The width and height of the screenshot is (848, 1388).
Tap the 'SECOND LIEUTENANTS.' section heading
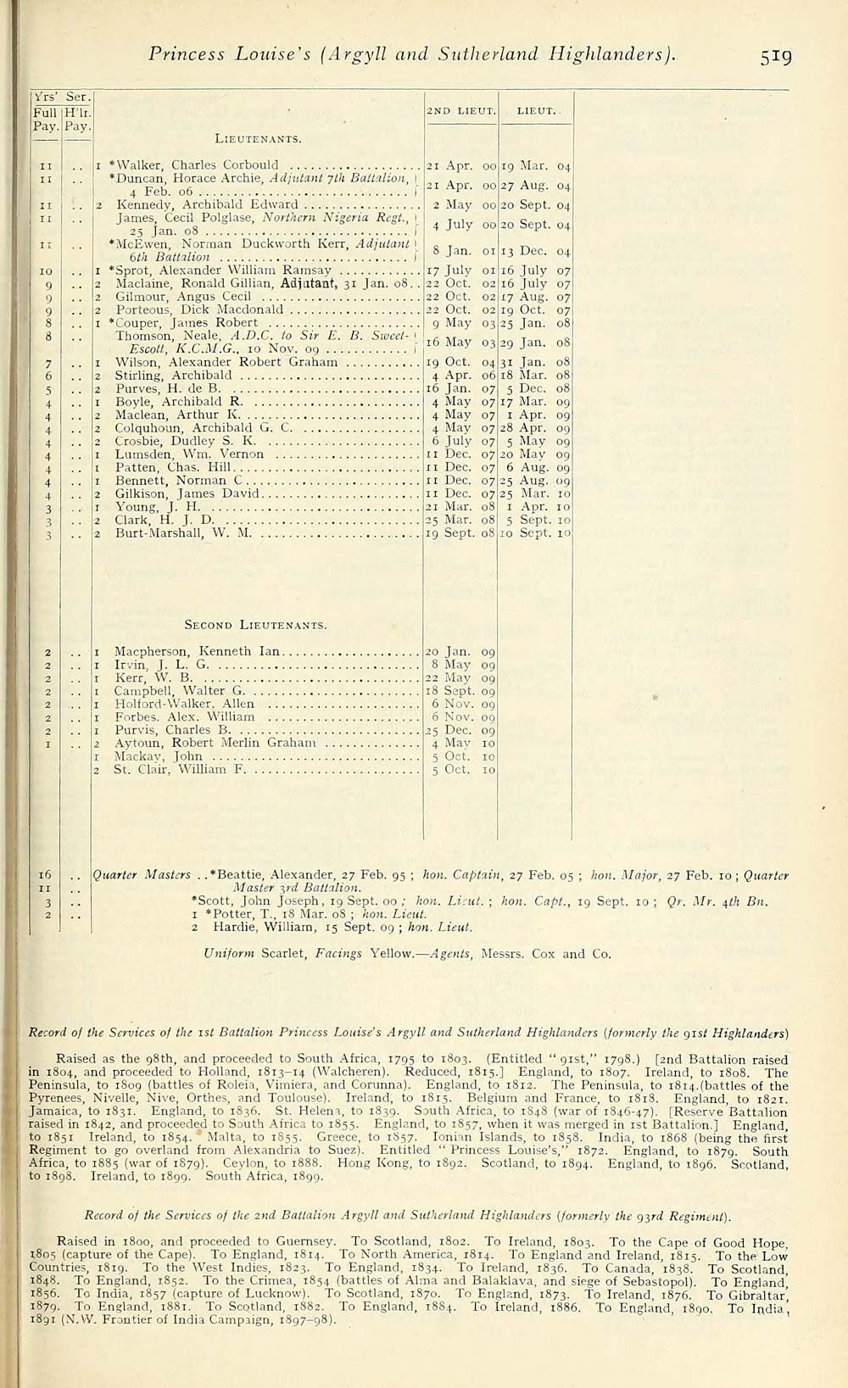pos(255,625)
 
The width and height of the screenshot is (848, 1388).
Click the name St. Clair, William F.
pos(180,770)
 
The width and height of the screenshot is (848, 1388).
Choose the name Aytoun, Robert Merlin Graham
pos(215,744)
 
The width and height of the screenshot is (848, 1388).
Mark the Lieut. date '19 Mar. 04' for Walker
pos(536,165)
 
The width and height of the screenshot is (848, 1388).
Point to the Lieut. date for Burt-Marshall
pos(536,533)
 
